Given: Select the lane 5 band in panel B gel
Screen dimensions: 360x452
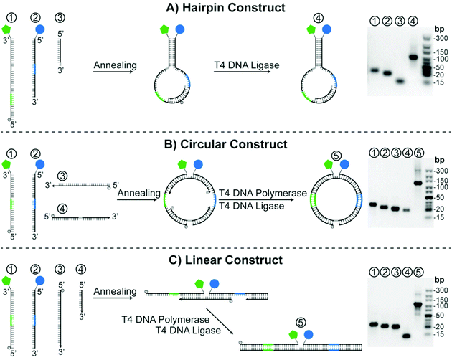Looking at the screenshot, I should [x=418, y=182].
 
